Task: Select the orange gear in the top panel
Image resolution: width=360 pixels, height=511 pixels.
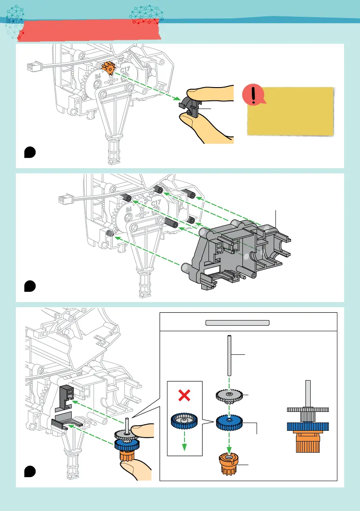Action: click(x=109, y=68)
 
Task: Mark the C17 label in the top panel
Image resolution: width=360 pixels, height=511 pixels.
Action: click(x=125, y=70)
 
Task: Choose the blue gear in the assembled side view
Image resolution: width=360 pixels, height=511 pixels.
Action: click(x=307, y=427)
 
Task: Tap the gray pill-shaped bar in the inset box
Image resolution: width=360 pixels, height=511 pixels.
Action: click(x=237, y=323)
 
